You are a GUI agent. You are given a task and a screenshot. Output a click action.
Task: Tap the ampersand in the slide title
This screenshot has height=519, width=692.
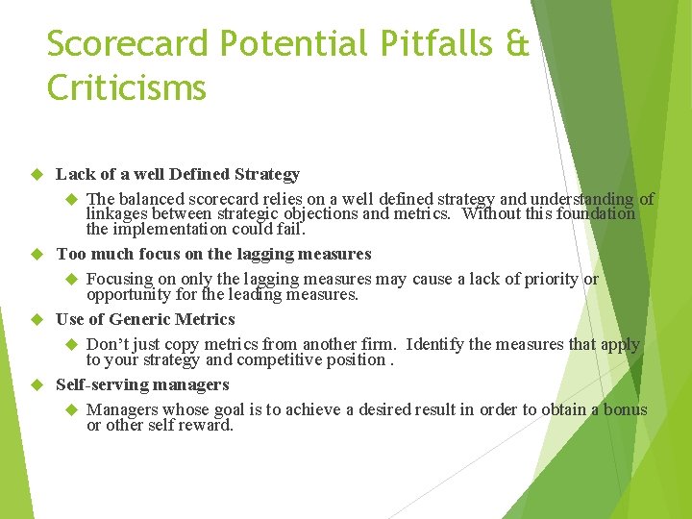pyautogui.click(x=516, y=43)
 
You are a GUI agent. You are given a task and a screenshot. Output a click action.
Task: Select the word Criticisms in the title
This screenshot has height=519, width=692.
pyautogui.click(x=126, y=88)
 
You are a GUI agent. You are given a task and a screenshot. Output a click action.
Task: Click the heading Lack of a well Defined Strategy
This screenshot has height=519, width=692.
pyautogui.click(x=178, y=174)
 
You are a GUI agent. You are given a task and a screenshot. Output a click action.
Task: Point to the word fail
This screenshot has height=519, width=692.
pyautogui.click(x=290, y=230)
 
